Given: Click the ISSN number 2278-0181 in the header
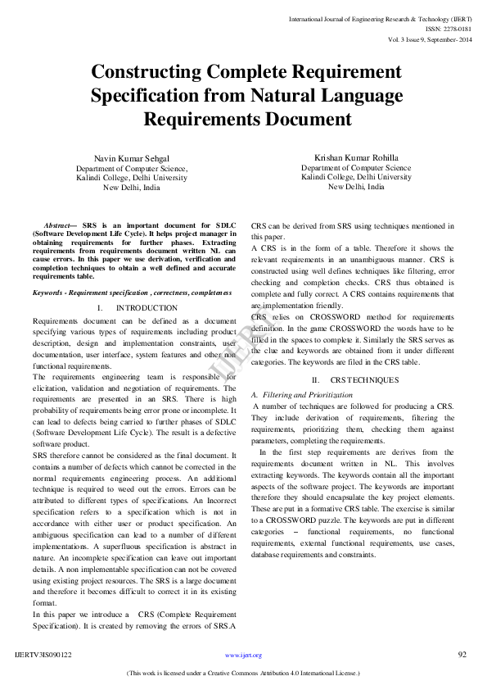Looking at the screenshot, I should [x=454, y=28].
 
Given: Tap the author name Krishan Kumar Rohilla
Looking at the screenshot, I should [x=356, y=157].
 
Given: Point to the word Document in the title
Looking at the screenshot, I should [x=306, y=119].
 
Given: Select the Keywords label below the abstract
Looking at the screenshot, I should [x=50, y=293].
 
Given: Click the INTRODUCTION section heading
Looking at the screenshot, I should [x=147, y=307].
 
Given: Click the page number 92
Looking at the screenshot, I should [x=462, y=655].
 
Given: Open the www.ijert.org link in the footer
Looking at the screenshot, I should [x=243, y=656].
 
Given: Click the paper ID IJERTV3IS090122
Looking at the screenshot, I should [x=43, y=656].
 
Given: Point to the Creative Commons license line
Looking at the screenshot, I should [x=243, y=673].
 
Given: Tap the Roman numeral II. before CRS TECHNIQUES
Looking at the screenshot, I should [x=316, y=380].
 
